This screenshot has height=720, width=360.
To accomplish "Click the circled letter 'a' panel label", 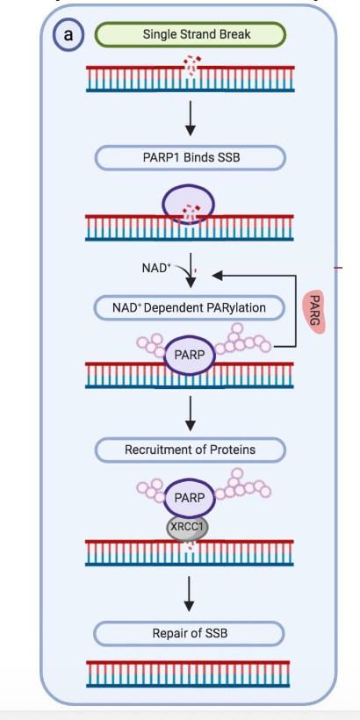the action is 68,35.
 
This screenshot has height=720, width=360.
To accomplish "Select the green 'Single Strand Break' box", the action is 191,34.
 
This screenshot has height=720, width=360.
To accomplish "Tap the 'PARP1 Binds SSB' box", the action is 191,157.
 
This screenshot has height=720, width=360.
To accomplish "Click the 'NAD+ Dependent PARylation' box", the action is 189,307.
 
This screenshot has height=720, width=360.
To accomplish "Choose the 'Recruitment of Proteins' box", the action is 191,450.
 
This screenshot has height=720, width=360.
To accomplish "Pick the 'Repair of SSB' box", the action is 189,634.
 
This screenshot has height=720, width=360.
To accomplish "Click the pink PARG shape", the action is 314,312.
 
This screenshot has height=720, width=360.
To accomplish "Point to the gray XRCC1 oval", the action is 187,526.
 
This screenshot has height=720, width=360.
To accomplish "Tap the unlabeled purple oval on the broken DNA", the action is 188,204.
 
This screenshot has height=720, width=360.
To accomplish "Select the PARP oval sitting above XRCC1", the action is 189,498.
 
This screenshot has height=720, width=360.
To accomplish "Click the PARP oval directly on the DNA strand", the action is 189,356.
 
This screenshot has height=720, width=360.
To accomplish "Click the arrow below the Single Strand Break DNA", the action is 191,118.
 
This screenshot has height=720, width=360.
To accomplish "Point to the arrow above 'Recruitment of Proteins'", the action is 191,414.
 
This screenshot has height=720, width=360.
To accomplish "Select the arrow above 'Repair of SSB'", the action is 189,594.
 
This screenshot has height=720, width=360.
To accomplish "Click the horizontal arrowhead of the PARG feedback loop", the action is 217,276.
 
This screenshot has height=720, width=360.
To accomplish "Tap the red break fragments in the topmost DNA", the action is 192,65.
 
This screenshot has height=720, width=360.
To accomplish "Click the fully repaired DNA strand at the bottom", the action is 188,674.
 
